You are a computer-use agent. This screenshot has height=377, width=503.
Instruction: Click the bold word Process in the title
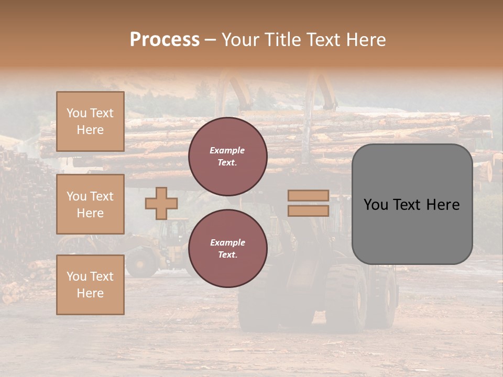pyautogui.click(x=165, y=40)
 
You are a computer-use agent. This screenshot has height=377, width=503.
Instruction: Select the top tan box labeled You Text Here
pyautogui.click(x=90, y=121)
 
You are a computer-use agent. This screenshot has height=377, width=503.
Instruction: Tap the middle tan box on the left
pyautogui.click(x=90, y=204)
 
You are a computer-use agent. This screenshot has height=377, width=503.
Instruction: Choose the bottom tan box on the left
pyautogui.click(x=90, y=285)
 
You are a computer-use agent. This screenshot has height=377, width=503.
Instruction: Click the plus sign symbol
pyautogui.click(x=161, y=203)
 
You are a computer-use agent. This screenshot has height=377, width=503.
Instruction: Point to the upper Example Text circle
pyautogui.click(x=227, y=156)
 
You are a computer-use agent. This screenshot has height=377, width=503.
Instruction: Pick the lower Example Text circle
pyautogui.click(x=227, y=248)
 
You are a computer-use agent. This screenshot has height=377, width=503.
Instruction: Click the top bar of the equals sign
pyautogui.click(x=308, y=195)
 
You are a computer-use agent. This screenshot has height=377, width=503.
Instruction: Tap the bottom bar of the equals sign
pyautogui.click(x=308, y=210)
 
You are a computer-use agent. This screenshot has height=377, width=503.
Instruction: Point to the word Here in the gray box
pyautogui.click(x=443, y=205)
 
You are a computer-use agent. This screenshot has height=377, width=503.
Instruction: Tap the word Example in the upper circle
pyautogui.click(x=227, y=150)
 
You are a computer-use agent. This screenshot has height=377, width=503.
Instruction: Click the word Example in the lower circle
pyautogui.click(x=227, y=242)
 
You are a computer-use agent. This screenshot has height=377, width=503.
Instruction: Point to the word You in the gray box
pyautogui.click(x=376, y=205)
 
